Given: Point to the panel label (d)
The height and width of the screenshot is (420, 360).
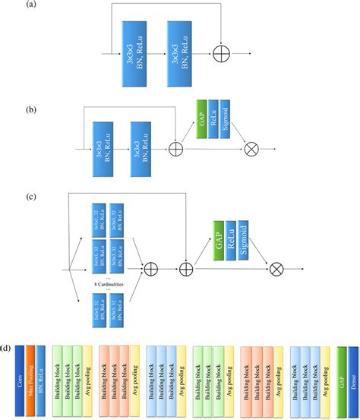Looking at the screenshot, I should coord(7,350).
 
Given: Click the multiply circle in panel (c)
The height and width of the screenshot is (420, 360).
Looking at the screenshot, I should coord(276,268).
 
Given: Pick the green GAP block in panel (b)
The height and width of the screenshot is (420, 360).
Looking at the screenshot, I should coord(201,119).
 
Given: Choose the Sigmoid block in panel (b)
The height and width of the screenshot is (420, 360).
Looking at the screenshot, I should coord(227,119).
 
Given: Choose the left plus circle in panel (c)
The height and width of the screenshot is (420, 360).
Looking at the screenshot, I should coord(150,268).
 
